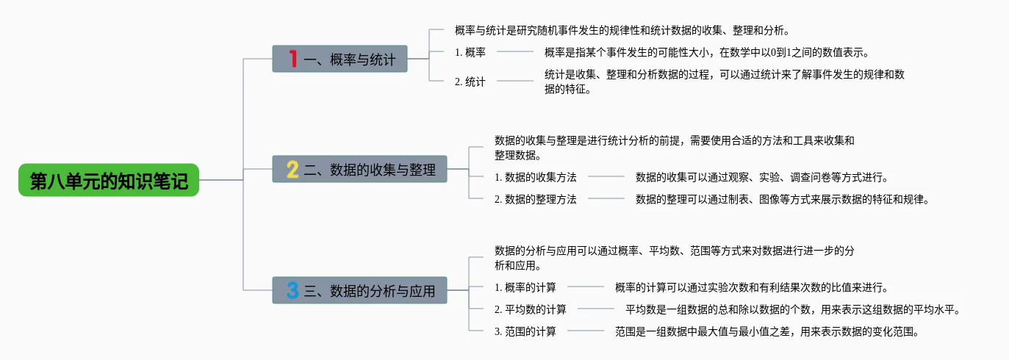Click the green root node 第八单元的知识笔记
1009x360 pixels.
(x=109, y=180)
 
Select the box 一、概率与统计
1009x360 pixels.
(x=340, y=59)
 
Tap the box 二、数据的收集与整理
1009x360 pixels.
(x=359, y=169)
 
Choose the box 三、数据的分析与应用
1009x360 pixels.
(x=359, y=290)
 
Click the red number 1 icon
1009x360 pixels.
(x=292, y=59)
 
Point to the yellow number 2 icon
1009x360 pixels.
(x=292, y=170)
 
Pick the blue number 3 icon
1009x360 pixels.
(x=292, y=290)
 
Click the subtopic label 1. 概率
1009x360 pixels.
(x=470, y=52)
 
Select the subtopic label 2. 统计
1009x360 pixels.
(x=470, y=82)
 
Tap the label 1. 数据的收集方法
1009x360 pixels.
(x=536, y=177)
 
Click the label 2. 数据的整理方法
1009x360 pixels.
(x=536, y=199)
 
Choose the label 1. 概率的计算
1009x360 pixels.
(x=525, y=287)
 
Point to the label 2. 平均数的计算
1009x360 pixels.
(x=530, y=309)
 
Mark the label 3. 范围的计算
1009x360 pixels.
(x=525, y=331)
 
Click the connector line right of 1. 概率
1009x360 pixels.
(x=515, y=52)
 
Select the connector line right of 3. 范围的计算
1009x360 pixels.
(x=586, y=331)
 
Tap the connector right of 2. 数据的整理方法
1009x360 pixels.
(x=606, y=198)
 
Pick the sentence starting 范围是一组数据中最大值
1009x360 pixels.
(x=767, y=331)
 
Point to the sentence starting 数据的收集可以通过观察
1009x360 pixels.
(x=762, y=177)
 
